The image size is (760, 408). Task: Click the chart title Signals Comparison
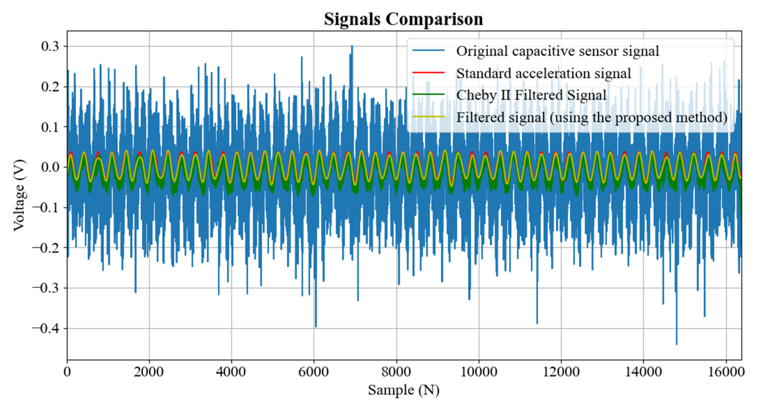pyautogui.click(x=403, y=19)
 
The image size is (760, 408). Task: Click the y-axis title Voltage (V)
pyautogui.click(x=19, y=195)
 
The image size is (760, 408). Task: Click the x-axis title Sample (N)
pyautogui.click(x=403, y=390)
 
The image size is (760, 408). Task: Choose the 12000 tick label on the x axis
pyautogui.click(x=561, y=372)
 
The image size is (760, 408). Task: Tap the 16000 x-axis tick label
pyautogui.click(x=726, y=372)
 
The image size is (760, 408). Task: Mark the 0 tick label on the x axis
pyautogui.click(x=67, y=372)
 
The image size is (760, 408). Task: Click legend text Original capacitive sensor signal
pyautogui.click(x=557, y=51)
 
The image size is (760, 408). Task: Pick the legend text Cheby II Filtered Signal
pyautogui.click(x=531, y=95)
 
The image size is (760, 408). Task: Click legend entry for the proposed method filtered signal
pyautogui.click(x=591, y=117)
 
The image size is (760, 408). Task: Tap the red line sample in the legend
pyautogui.click(x=428, y=72)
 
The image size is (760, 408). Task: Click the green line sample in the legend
pyautogui.click(x=428, y=94)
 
